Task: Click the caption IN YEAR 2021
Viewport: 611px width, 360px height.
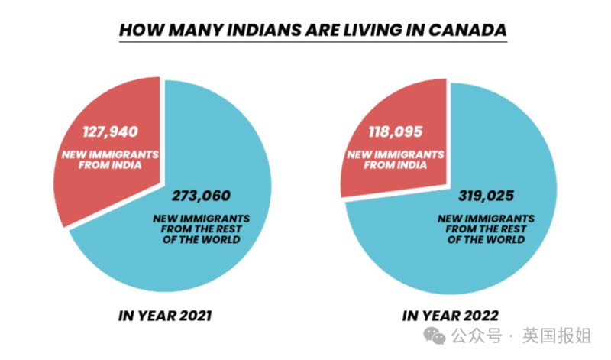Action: (166, 316)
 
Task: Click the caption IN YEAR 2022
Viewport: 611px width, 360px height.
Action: (451, 316)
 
